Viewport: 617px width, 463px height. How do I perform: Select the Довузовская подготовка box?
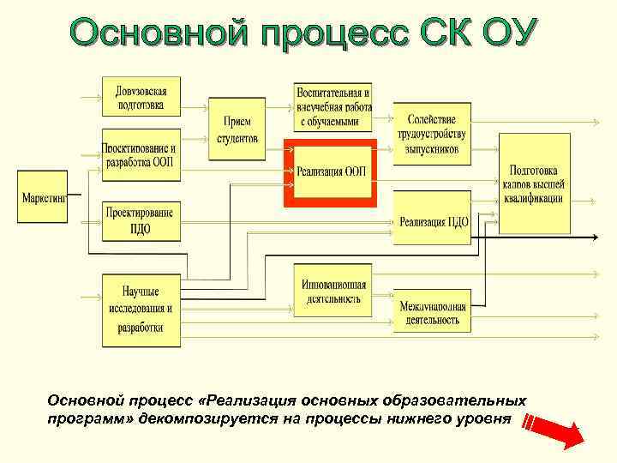(x=141, y=96)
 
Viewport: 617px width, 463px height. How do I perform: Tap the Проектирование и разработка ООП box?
(x=141, y=154)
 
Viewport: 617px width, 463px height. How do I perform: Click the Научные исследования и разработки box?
(x=141, y=310)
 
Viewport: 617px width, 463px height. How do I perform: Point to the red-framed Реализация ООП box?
(x=330, y=171)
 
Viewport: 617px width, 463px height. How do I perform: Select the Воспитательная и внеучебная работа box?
(x=334, y=107)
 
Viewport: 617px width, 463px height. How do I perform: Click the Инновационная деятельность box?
(x=334, y=292)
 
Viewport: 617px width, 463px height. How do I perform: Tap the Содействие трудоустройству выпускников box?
(x=432, y=134)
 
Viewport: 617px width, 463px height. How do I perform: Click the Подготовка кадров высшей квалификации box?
(x=534, y=183)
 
